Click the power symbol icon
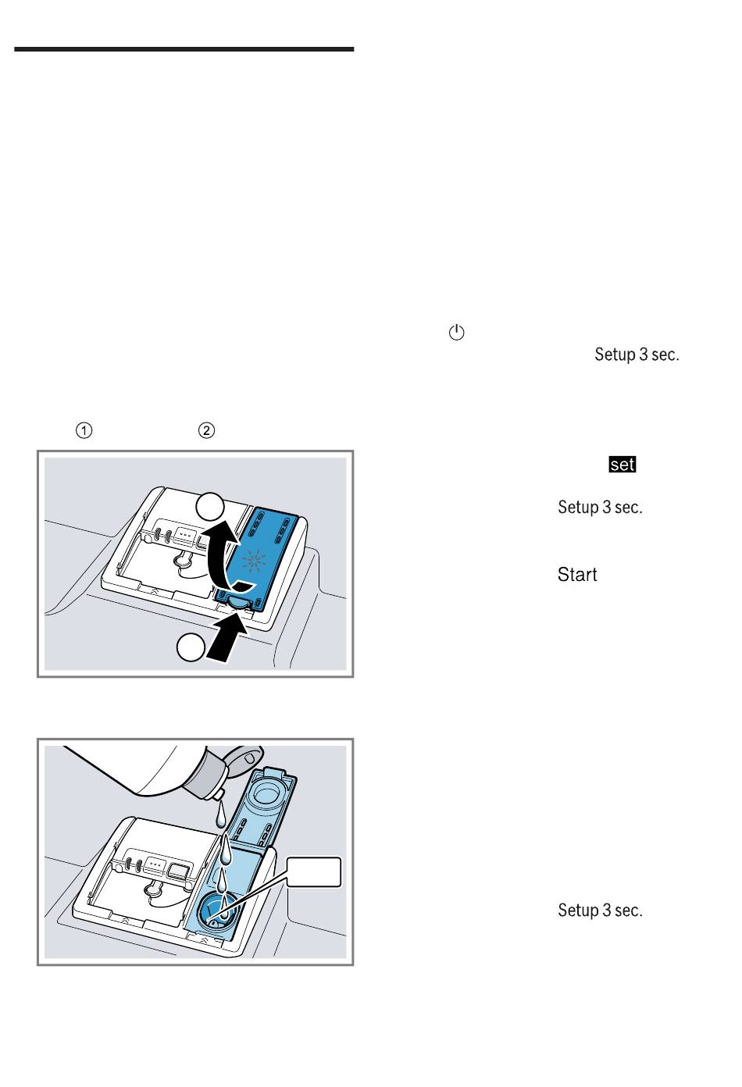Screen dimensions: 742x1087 (456, 332)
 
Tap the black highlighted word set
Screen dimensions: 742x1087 (622, 465)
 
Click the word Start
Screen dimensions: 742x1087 (577, 574)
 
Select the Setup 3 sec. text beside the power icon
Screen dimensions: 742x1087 (637, 355)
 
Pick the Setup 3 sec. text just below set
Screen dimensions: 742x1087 (600, 507)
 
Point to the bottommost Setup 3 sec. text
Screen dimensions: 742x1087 (600, 910)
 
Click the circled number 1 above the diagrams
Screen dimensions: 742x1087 (84, 430)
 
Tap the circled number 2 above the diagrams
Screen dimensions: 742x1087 (207, 430)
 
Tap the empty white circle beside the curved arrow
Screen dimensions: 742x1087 (210, 507)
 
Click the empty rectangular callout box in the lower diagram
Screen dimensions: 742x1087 (314, 872)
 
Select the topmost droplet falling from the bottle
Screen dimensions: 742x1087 (220, 814)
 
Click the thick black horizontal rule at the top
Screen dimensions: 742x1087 (184, 49)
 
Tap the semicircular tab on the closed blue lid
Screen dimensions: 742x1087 (238, 602)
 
